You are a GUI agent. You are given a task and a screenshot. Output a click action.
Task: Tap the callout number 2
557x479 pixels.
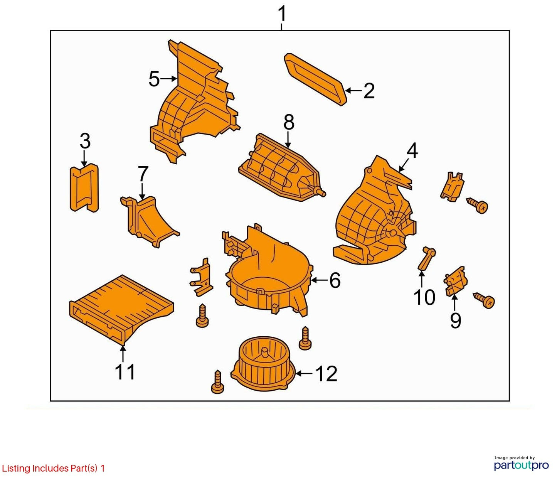point(369,91)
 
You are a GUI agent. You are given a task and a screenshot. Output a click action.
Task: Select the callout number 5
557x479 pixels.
point(154,79)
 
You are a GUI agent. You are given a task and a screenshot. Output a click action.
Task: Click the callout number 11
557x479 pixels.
point(125,372)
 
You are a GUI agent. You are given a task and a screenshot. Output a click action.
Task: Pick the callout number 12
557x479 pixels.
point(326,374)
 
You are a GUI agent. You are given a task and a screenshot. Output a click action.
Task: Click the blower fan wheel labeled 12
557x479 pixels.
point(264,360)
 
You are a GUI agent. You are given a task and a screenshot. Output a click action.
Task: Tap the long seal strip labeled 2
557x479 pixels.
point(315,79)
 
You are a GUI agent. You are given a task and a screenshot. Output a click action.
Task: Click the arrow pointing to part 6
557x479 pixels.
point(319,280)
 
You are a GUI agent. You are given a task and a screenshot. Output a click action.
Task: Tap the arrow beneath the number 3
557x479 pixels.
point(84,158)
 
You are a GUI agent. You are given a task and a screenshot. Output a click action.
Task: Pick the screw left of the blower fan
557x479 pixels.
point(217,382)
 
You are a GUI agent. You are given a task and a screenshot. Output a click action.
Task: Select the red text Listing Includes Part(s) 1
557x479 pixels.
point(53,468)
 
